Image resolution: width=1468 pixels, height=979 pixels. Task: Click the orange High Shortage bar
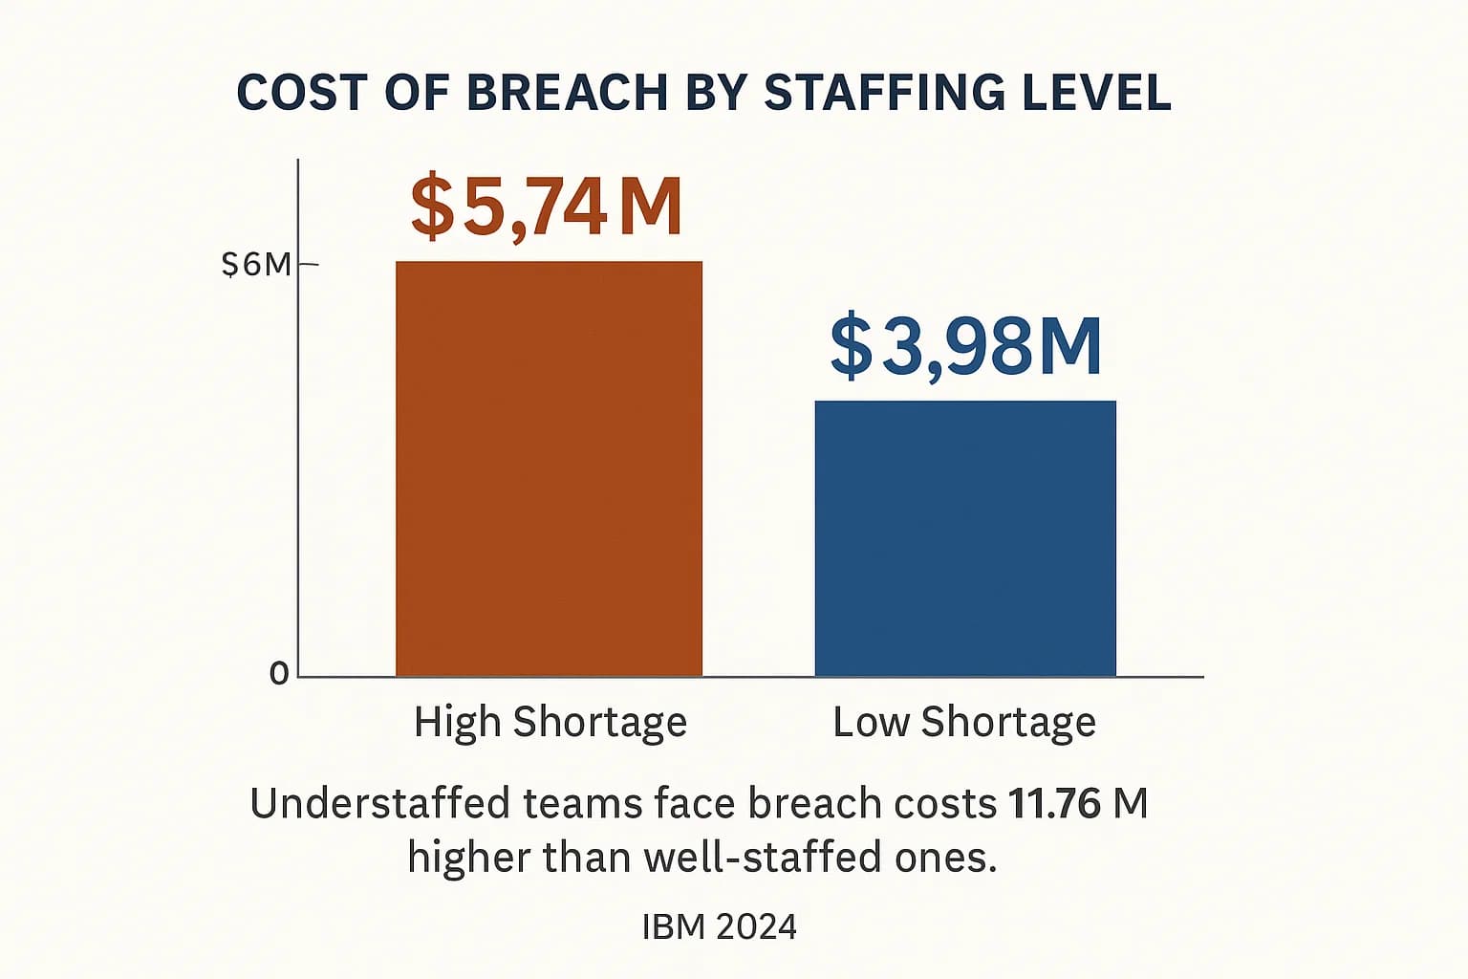coord(549,468)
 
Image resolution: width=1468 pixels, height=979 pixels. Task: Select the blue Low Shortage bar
coord(965,538)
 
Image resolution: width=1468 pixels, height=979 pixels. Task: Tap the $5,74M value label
coord(546,207)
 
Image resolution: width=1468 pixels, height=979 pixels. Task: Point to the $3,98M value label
coord(965,346)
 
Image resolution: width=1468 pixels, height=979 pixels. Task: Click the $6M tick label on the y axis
coord(255,264)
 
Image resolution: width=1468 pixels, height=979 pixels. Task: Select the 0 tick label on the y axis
coord(278,674)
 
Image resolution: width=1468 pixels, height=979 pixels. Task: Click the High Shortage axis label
coord(550,722)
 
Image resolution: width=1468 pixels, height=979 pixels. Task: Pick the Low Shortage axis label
coord(964,722)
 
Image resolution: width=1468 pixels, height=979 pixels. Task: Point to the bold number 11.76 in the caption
coord(1054,804)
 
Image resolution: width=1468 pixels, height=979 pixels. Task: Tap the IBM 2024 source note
coord(719,926)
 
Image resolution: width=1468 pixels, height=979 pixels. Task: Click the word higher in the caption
coord(468,858)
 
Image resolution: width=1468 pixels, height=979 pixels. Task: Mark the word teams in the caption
coord(582,804)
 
